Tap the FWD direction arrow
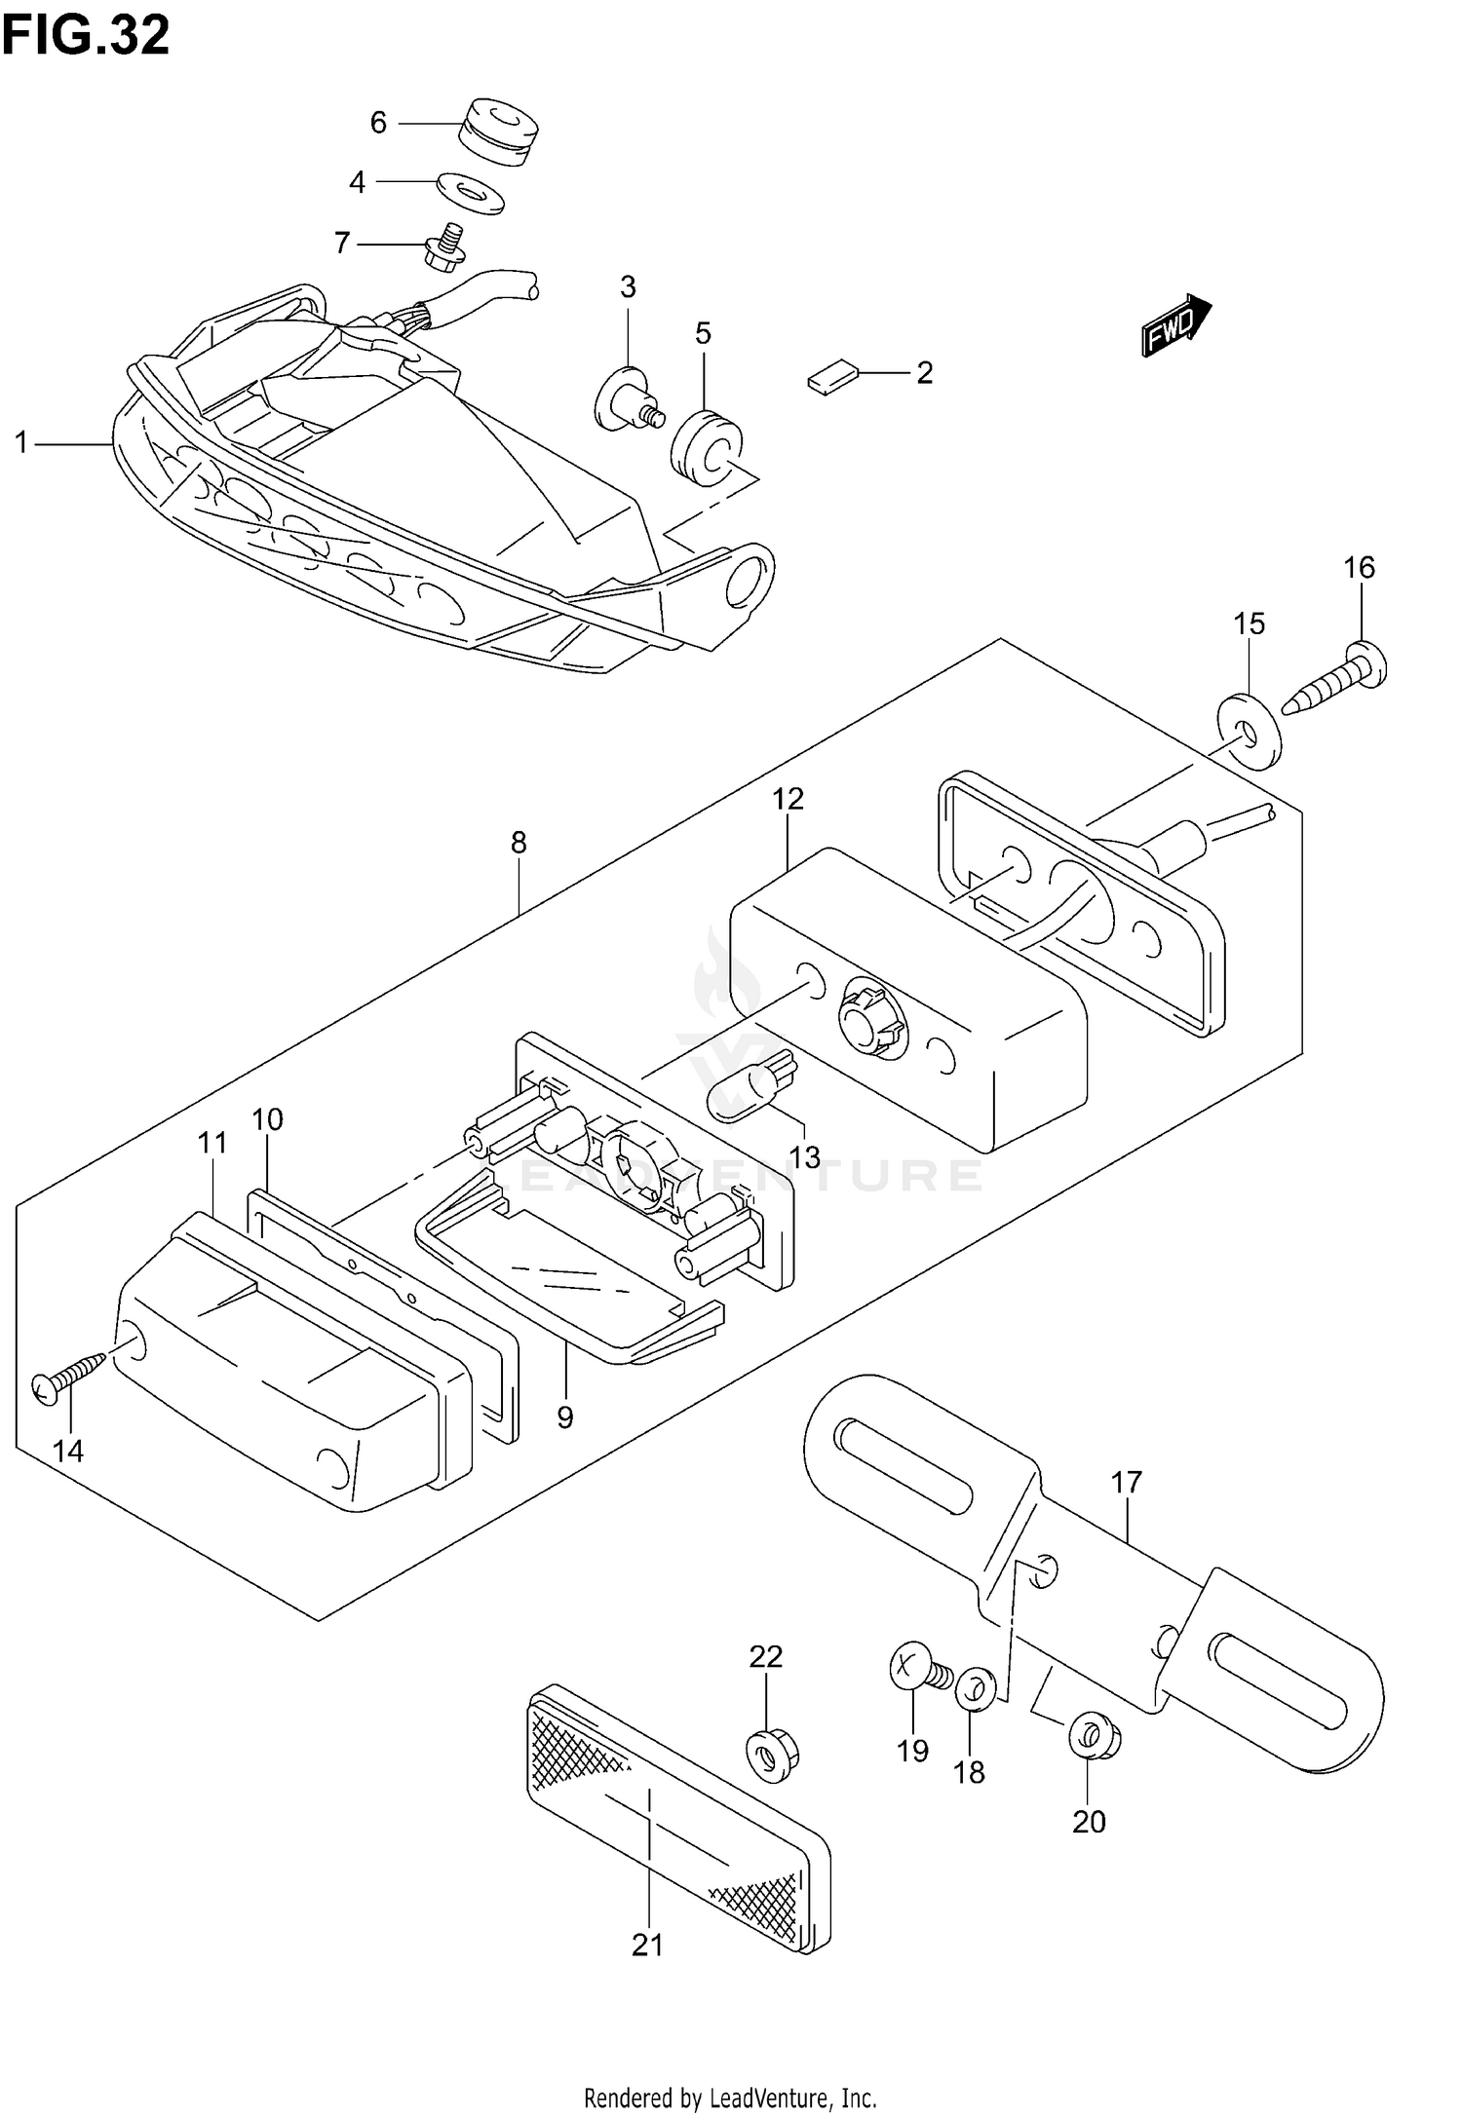pyautogui.click(x=1176, y=327)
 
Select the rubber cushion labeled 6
pyautogui.click(x=498, y=132)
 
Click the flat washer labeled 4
pyautogui.click(x=472, y=191)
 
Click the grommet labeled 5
pyautogui.click(x=705, y=445)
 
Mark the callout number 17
pyautogui.click(x=1126, y=1483)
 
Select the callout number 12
pyautogui.click(x=788, y=799)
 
